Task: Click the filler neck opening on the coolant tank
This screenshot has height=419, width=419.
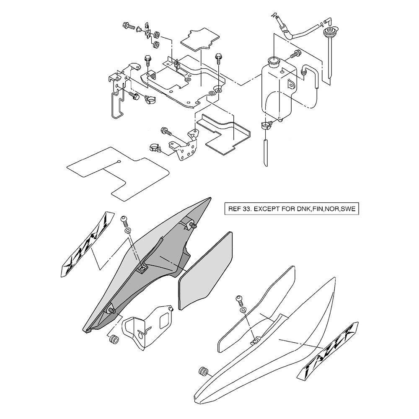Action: [x=274, y=61]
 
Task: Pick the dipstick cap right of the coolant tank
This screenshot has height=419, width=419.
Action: [x=329, y=32]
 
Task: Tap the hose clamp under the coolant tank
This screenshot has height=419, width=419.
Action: [x=266, y=124]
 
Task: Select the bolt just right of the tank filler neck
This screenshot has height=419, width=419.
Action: [x=296, y=54]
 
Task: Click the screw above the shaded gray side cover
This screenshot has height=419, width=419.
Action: [x=124, y=219]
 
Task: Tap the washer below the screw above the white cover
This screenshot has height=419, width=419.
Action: [x=243, y=310]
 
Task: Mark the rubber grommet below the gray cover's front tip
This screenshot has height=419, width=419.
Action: [x=112, y=339]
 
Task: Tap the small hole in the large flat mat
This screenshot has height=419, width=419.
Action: [x=119, y=162]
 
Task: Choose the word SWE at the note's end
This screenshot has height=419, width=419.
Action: [x=348, y=209]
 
